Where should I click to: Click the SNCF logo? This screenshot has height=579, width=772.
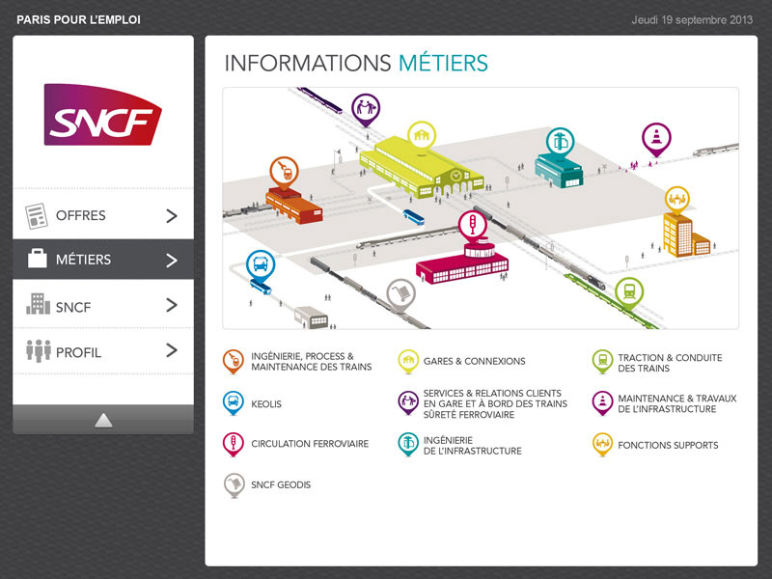[102, 114]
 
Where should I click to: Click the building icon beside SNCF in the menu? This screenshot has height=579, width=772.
[38, 305]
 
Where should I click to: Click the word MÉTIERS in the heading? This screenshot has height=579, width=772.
[443, 64]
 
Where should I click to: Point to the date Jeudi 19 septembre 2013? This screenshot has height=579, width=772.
[692, 19]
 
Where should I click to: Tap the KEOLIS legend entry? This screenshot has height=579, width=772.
[266, 404]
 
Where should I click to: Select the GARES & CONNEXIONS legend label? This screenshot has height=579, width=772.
[474, 361]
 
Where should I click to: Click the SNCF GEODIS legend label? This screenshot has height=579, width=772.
[281, 484]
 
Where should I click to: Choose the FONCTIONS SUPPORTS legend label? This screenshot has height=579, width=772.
[668, 445]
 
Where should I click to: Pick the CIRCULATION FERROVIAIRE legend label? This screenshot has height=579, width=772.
[310, 444]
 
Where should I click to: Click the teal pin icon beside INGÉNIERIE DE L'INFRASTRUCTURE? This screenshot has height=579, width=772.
[408, 444]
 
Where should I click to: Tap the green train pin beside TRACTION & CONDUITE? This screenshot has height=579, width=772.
[602, 362]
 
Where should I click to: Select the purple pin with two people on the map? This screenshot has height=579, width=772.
[365, 108]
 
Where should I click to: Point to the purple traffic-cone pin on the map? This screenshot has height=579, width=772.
[656, 137]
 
